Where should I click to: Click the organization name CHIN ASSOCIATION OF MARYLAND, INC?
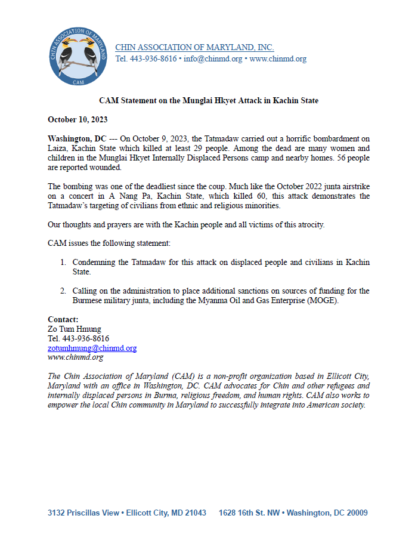194,48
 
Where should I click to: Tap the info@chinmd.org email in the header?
213,59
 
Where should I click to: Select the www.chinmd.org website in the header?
278,59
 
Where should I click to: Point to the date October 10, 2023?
78,120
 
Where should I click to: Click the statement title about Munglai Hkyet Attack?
209,101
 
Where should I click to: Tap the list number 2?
62,291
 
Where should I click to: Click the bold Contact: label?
63,319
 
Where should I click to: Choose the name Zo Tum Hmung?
75,329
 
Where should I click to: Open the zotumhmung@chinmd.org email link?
92,348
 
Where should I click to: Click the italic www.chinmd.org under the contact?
75,357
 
